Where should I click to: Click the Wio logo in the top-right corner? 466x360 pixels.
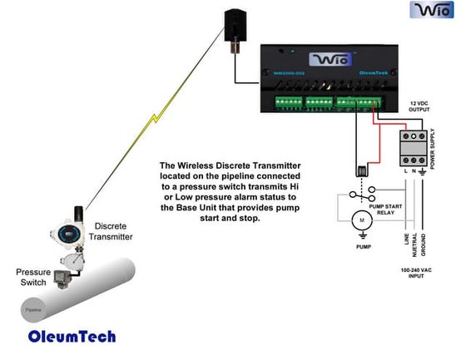(431, 11)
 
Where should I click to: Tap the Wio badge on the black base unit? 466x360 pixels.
(332, 60)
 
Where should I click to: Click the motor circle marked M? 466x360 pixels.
(361, 221)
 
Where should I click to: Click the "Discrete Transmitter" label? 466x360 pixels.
(114, 231)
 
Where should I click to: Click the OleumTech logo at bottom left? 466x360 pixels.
(72, 337)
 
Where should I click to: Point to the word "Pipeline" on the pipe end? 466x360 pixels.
(31, 309)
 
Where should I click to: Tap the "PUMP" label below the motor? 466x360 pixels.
(362, 247)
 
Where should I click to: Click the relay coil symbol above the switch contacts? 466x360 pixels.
(363, 171)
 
